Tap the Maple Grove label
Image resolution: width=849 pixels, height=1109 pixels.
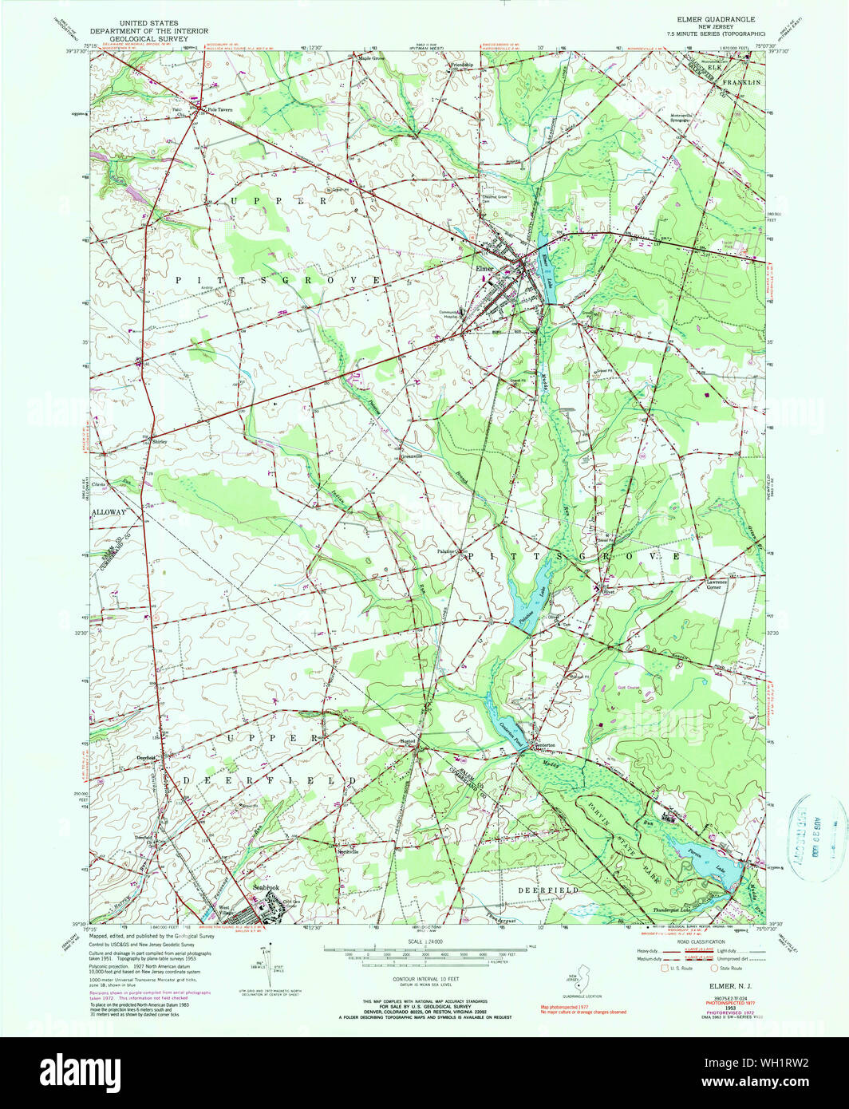(x=371, y=58)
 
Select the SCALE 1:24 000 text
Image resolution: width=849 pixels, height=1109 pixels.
(x=424, y=941)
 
